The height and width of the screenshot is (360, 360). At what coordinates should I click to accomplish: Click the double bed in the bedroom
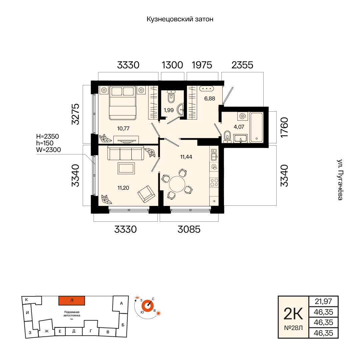(123, 103)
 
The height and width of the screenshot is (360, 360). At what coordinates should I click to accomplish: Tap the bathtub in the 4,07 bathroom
(256, 127)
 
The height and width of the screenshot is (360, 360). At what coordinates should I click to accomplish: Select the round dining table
(177, 184)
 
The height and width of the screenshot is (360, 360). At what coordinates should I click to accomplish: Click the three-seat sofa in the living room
(126, 153)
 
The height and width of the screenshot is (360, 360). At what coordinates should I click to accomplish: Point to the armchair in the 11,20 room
(146, 194)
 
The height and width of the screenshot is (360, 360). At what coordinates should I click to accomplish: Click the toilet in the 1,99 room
(171, 97)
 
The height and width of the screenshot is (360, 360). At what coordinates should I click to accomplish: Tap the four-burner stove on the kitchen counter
(214, 183)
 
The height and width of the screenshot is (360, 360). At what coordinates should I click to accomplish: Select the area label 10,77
(123, 129)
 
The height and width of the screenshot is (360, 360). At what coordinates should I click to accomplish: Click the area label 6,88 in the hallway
(210, 99)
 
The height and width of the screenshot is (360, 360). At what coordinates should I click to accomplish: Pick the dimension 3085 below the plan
(189, 229)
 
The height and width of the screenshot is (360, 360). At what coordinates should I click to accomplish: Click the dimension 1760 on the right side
(284, 127)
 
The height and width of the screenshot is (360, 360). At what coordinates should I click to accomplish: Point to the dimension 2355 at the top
(242, 65)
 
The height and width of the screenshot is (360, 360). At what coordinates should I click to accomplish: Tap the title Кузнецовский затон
(180, 19)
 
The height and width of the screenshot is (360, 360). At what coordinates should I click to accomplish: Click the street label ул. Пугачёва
(340, 180)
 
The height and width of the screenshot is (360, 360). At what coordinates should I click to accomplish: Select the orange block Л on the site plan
(72, 301)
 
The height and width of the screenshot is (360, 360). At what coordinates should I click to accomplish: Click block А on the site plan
(121, 303)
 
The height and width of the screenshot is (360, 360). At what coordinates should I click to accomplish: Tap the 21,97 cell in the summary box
(323, 301)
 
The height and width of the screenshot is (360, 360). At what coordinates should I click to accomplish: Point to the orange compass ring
(147, 306)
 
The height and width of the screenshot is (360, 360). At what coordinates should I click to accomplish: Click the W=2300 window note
(48, 150)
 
